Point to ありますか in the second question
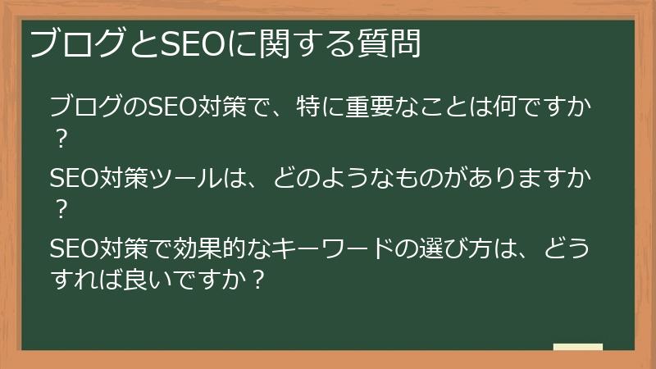(535, 177)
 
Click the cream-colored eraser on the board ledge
(577, 348)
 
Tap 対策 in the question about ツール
(121, 177)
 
